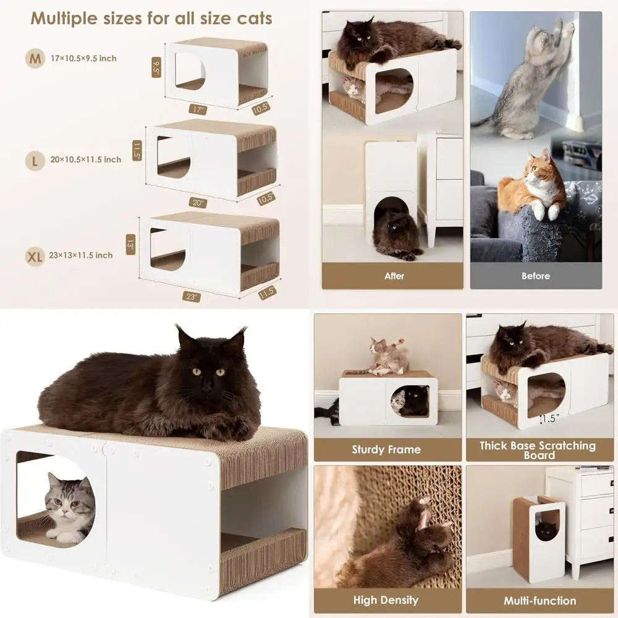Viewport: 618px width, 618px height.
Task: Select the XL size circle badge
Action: pyautogui.click(x=35, y=255)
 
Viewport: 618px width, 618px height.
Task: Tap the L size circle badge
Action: pyautogui.click(x=35, y=160)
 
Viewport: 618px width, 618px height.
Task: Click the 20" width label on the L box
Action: pyautogui.click(x=199, y=203)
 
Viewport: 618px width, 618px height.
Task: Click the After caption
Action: pyautogui.click(x=394, y=276)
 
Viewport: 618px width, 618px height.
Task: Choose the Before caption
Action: pyautogui.click(x=535, y=276)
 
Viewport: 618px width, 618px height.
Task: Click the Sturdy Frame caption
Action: pyautogui.click(x=386, y=450)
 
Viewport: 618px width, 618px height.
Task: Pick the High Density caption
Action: pyautogui.click(x=386, y=600)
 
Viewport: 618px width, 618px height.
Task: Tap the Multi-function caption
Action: pyautogui.click(x=540, y=600)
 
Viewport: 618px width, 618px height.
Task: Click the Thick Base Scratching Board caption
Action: pyautogui.click(x=538, y=450)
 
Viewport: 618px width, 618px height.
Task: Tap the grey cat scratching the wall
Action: pyautogui.click(x=528, y=80)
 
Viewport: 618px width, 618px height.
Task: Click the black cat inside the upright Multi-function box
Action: pyautogui.click(x=545, y=529)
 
